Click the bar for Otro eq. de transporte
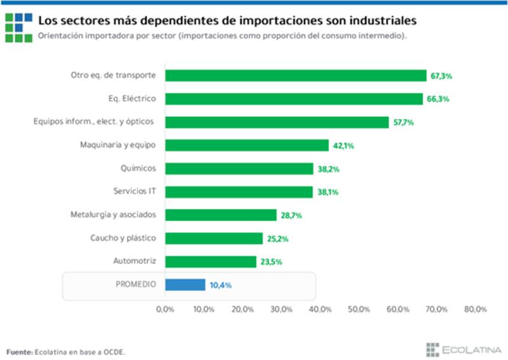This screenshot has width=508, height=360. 295,76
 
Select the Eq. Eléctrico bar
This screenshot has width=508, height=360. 293,99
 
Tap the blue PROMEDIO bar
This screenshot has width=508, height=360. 185,285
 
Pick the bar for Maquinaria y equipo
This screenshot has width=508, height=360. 246,145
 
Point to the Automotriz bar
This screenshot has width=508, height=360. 210,262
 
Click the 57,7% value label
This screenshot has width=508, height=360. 403,123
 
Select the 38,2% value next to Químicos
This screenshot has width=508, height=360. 328,169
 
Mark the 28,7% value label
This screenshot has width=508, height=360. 291,215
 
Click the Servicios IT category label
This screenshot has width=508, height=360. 135,192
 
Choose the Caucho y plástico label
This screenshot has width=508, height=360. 123,238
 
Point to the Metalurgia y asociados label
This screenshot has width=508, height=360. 113,215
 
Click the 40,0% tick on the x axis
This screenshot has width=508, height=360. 321,309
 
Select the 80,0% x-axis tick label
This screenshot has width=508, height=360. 476,309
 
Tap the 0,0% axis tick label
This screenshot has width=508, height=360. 165,309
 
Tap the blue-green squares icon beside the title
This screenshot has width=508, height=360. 18,27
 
